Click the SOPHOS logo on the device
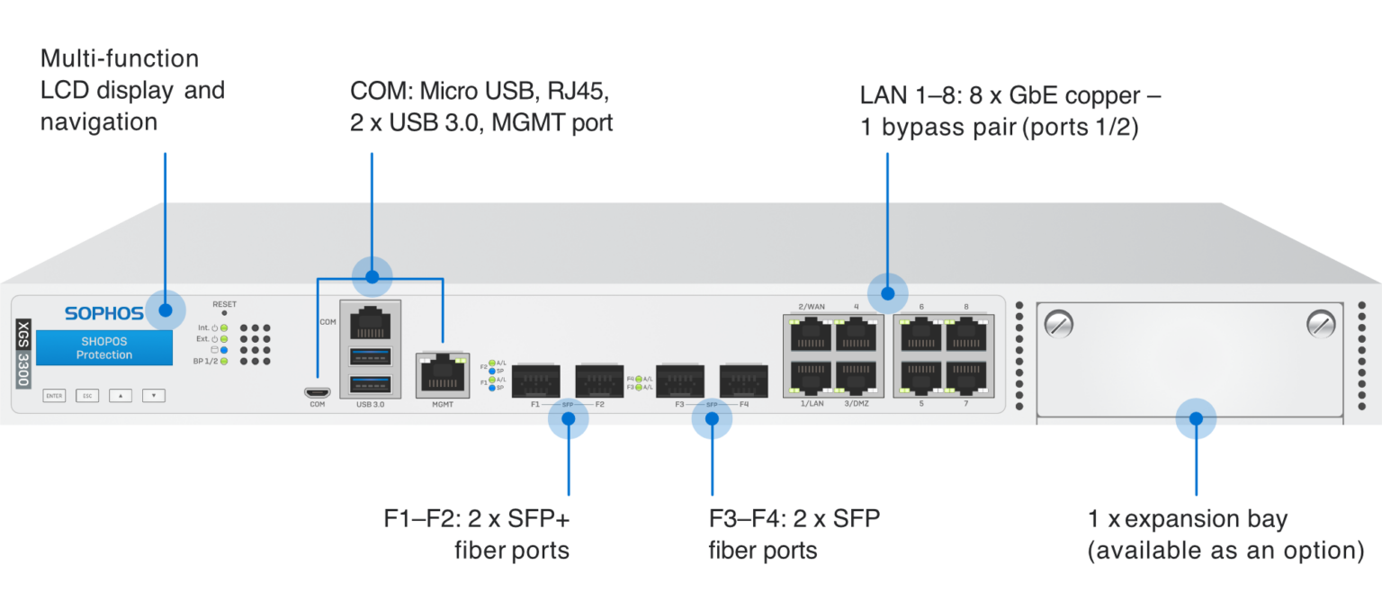coord(103,313)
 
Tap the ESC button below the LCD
coord(87,395)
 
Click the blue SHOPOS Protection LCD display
coord(104,348)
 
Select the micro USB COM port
coord(317,392)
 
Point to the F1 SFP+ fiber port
coord(535,381)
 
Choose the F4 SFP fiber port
coord(742,381)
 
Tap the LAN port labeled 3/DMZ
coord(856,378)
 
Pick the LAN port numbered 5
coord(920,378)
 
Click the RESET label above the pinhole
coord(224,304)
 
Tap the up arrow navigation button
coord(120,395)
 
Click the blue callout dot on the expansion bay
coord(1196,418)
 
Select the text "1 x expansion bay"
coord(1187,520)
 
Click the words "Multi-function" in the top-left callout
coord(120,59)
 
